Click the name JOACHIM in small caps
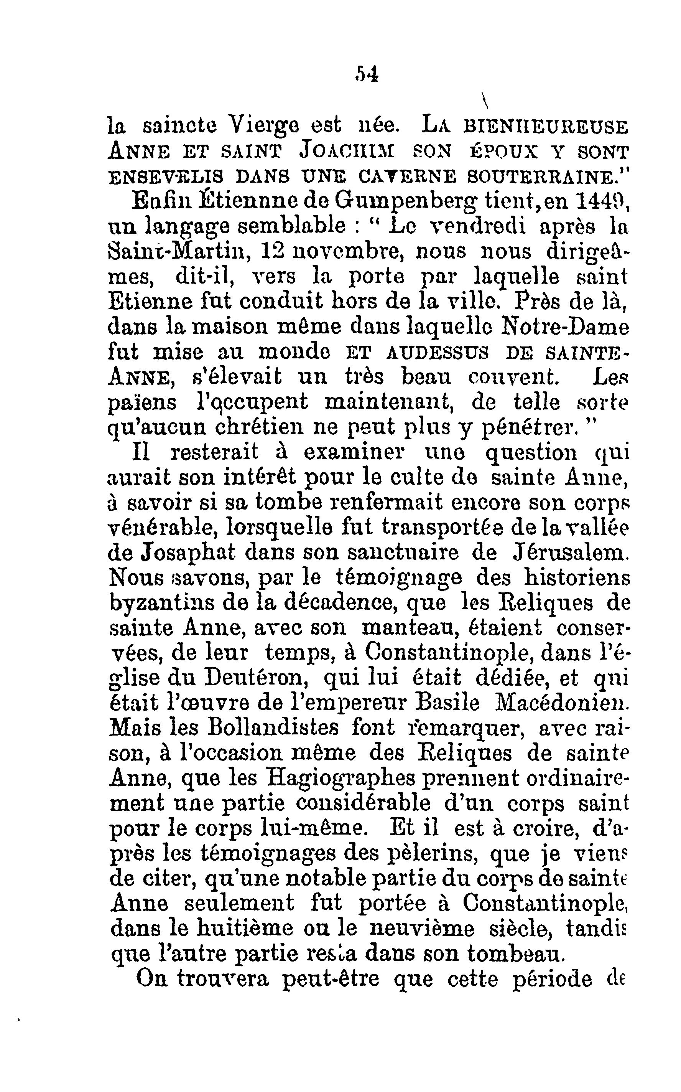click(347, 152)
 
